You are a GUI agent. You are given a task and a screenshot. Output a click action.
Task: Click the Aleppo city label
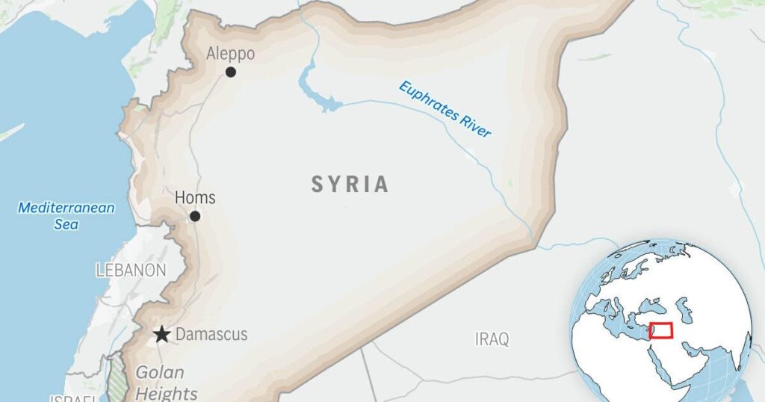pos(230,54)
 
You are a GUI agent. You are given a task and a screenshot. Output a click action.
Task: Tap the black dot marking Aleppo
pos(231,72)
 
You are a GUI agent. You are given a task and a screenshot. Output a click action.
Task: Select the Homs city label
pos(195,198)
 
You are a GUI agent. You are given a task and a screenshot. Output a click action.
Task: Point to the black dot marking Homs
pos(195,216)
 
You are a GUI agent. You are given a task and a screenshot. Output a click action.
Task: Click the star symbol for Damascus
pos(161,334)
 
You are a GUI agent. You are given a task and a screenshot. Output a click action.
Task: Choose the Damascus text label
pos(211,335)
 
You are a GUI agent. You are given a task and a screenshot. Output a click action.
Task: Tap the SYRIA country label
pos(350,185)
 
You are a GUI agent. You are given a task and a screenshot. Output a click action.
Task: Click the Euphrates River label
pos(445,109)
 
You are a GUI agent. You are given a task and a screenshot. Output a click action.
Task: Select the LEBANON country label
pos(131,270)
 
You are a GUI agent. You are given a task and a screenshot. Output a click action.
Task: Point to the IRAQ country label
pos(492,339)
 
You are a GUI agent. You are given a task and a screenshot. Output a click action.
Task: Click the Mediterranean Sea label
pos(66,215)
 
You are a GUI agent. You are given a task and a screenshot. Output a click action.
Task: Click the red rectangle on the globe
pos(660,330)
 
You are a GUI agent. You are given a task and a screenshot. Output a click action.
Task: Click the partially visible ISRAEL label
pos(73,398)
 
